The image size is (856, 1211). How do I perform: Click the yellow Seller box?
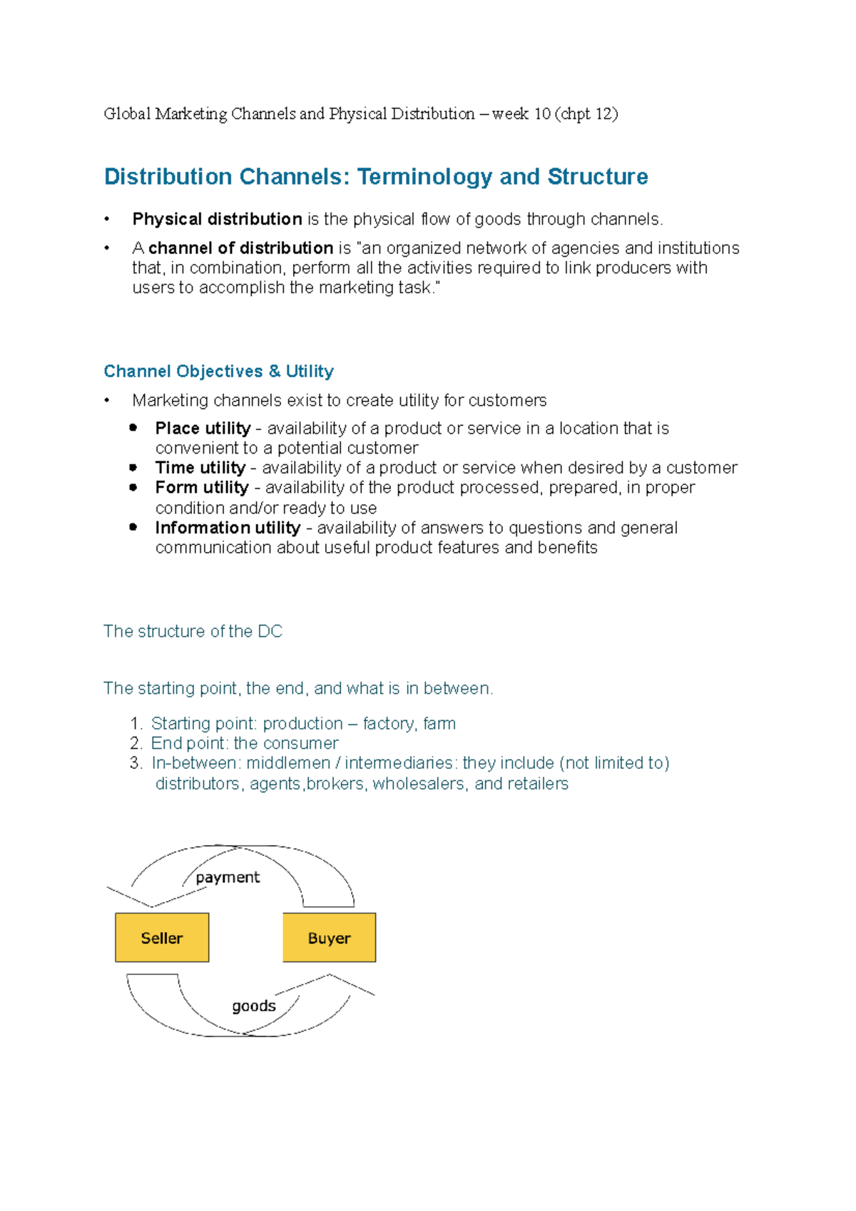click(x=162, y=938)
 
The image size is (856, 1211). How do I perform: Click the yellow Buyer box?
click(x=329, y=938)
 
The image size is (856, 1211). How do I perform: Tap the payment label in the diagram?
click(x=228, y=877)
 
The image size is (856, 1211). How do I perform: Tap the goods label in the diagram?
click(x=253, y=1006)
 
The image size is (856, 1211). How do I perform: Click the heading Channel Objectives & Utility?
click(x=218, y=371)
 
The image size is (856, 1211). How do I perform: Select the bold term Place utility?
click(x=203, y=428)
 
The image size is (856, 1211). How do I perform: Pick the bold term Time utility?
click(x=200, y=468)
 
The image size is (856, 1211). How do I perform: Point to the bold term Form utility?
click(x=202, y=488)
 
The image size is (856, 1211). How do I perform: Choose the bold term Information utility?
click(x=228, y=528)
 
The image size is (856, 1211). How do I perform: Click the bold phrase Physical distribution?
click(x=217, y=219)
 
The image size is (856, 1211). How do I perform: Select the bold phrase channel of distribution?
click(x=240, y=248)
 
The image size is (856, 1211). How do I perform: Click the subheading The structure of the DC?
click(x=193, y=631)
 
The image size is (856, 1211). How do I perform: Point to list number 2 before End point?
click(x=136, y=743)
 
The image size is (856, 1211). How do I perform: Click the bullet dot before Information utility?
click(x=133, y=527)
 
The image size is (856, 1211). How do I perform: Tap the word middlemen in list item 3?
click(x=288, y=763)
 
